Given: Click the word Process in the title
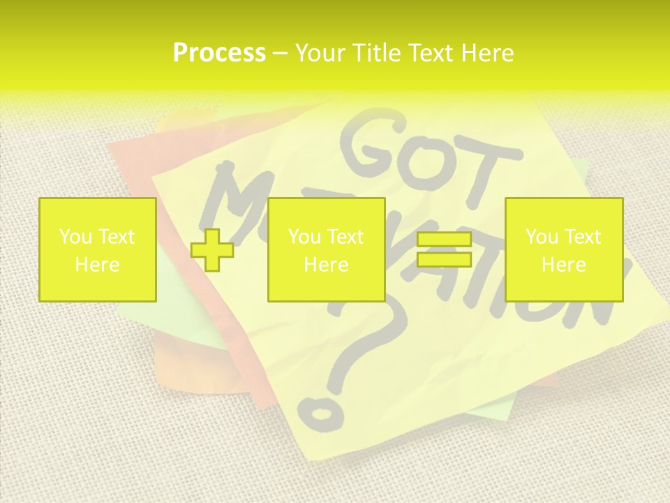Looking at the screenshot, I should (219, 53).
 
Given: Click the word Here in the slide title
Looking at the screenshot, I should (486, 53).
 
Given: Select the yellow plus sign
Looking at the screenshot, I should (212, 249).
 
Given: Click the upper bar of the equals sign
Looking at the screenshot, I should (444, 240).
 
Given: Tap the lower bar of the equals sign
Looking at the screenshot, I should (444, 260).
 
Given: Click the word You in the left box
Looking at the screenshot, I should (75, 237).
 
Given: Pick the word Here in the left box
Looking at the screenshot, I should (97, 265).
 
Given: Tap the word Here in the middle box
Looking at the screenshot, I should (326, 265).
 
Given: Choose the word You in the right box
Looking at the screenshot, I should (542, 237).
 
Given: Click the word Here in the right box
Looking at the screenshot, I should (563, 265).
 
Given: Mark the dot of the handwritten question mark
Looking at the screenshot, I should (322, 414).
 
